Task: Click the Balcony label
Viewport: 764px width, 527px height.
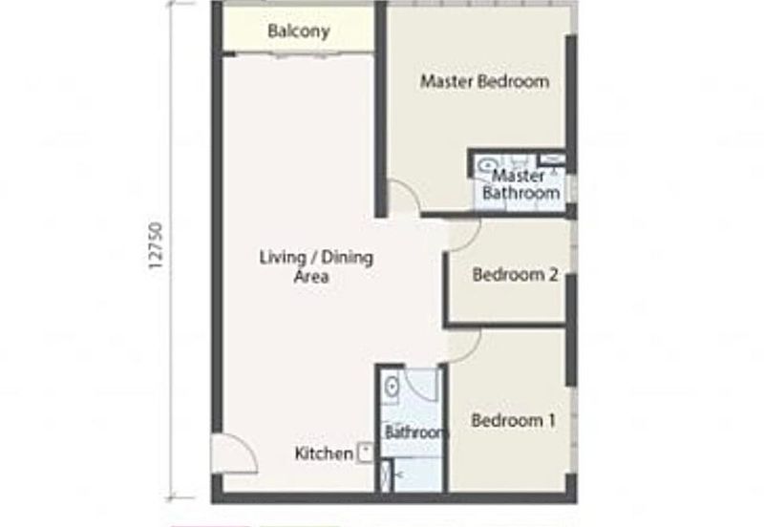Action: [299, 32]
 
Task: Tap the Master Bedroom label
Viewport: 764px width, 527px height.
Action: [485, 81]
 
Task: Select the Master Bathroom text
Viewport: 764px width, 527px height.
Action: [520, 184]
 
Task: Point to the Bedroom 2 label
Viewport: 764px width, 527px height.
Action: [515, 275]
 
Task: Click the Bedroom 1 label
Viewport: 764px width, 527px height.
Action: [514, 420]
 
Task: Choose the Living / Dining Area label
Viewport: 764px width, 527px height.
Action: [316, 266]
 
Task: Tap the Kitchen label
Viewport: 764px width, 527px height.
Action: [324, 453]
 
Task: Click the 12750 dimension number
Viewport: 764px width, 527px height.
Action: [155, 245]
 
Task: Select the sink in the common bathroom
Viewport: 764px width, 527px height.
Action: [392, 388]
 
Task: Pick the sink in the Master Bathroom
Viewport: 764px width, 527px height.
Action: [487, 165]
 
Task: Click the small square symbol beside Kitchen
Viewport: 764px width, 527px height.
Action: [366, 452]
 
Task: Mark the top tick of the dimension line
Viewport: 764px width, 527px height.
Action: [171, 3]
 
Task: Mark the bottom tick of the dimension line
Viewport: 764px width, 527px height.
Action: [171, 498]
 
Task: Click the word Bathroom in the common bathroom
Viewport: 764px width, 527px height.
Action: [414, 432]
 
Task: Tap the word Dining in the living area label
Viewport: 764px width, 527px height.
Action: [347, 258]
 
